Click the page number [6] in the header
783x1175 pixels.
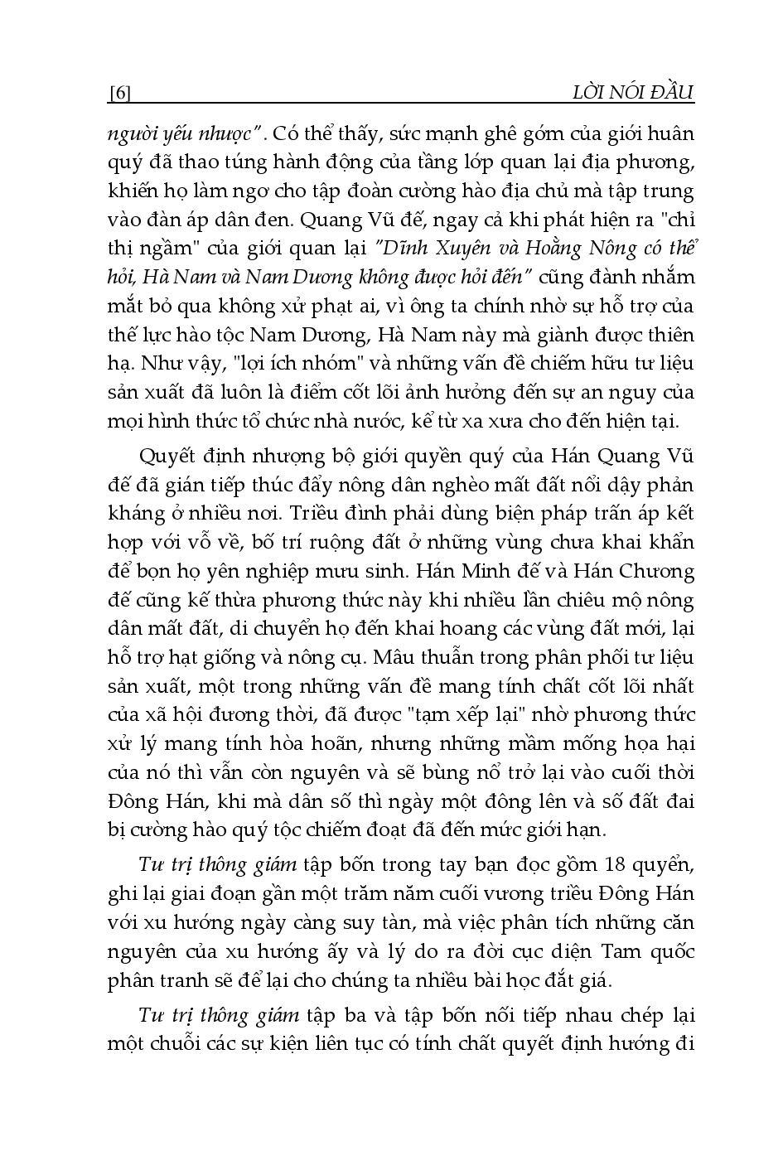[x=119, y=93]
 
